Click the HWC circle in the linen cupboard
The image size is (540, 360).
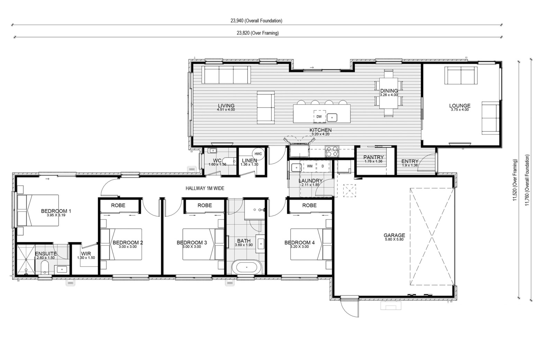click(258, 154)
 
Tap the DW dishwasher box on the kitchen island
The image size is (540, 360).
click(319, 116)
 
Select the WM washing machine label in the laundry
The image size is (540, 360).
click(309, 166)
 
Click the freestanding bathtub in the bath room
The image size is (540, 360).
click(246, 268)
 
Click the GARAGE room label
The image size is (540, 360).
click(394, 235)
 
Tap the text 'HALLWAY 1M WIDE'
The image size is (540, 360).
click(205, 188)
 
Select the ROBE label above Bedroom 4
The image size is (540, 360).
click(309, 205)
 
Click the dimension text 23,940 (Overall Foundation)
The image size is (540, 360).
click(256, 21)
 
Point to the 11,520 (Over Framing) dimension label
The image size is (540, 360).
click(515, 180)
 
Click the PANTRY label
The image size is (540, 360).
click(373, 157)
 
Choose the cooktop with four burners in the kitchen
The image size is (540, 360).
click(332, 151)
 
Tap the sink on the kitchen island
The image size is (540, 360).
click(332, 118)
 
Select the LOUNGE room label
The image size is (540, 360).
click(460, 106)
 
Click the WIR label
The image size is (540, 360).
click(86, 254)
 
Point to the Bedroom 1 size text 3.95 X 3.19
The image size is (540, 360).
click(56, 215)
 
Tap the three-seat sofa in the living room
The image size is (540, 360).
click(226, 75)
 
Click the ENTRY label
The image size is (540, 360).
click(410, 161)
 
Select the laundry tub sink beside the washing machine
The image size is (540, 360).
click(296, 167)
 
